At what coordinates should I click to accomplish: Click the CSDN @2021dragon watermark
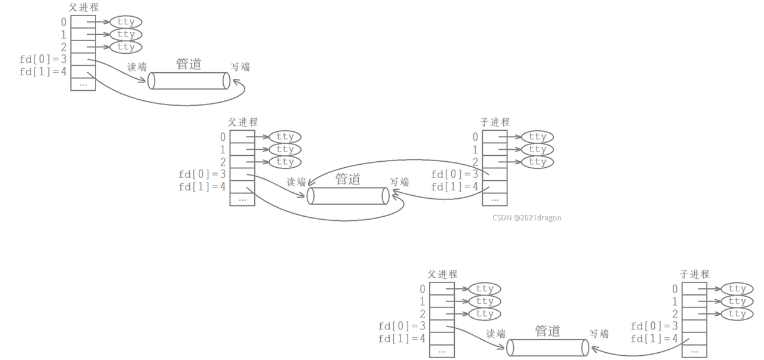pos(527,218)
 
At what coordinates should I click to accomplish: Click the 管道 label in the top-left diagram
pos(189,64)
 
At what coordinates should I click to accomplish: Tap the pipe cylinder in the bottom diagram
pos(547,347)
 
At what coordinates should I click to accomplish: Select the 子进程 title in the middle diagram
pos(495,122)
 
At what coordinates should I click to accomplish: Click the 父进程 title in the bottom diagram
pos(442,274)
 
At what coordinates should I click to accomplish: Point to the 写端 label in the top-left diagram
pos(241,67)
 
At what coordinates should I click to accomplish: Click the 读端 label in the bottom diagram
pos(496,334)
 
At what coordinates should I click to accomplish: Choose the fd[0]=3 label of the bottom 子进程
pos(654,326)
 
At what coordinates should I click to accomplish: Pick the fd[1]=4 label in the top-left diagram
pos(43,72)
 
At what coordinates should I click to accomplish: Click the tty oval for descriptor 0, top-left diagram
pos(126,22)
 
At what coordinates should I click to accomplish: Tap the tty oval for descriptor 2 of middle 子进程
pos(537,162)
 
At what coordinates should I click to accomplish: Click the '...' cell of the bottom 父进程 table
pos(442,352)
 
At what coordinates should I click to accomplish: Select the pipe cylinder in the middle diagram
pos(348,196)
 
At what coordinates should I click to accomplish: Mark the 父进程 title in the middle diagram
pos(243,122)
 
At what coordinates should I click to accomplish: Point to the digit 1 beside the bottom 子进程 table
pos(675,301)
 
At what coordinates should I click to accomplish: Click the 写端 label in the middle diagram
pos(399,181)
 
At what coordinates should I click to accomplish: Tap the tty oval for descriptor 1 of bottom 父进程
pos(485,301)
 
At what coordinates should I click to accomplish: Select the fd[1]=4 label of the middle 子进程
pos(455,186)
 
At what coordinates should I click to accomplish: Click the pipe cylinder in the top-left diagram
pos(189,81)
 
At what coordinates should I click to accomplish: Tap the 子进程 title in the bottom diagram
pos(695,274)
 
